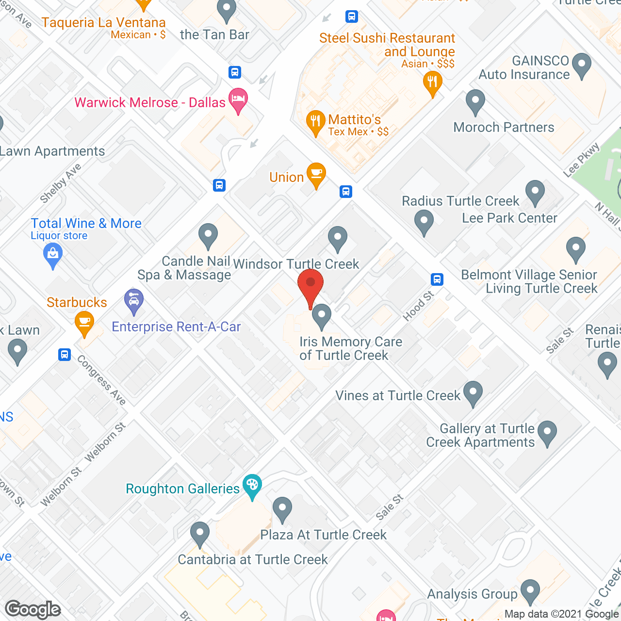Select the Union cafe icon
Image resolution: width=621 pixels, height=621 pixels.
[316, 175]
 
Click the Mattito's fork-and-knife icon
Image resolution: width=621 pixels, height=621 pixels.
[316, 122]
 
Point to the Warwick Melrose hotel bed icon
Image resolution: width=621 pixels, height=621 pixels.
[238, 99]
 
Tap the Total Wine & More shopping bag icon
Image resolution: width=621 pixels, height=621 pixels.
[53, 254]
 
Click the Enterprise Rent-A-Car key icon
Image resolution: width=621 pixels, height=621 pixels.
[134, 300]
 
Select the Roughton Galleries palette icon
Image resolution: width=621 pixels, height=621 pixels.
[252, 486]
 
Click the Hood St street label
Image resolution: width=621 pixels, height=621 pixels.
[418, 306]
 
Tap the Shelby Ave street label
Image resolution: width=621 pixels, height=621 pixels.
[60, 183]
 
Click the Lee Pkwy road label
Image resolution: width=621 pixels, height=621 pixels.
[581, 160]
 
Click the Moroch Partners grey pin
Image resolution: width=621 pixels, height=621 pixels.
[475, 101]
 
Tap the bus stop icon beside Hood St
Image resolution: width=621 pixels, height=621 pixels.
[437, 279]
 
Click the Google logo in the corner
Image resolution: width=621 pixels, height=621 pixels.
[33, 609]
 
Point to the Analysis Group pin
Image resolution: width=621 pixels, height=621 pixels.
[530, 590]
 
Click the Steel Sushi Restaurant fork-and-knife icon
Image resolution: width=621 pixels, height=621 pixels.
[432, 82]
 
